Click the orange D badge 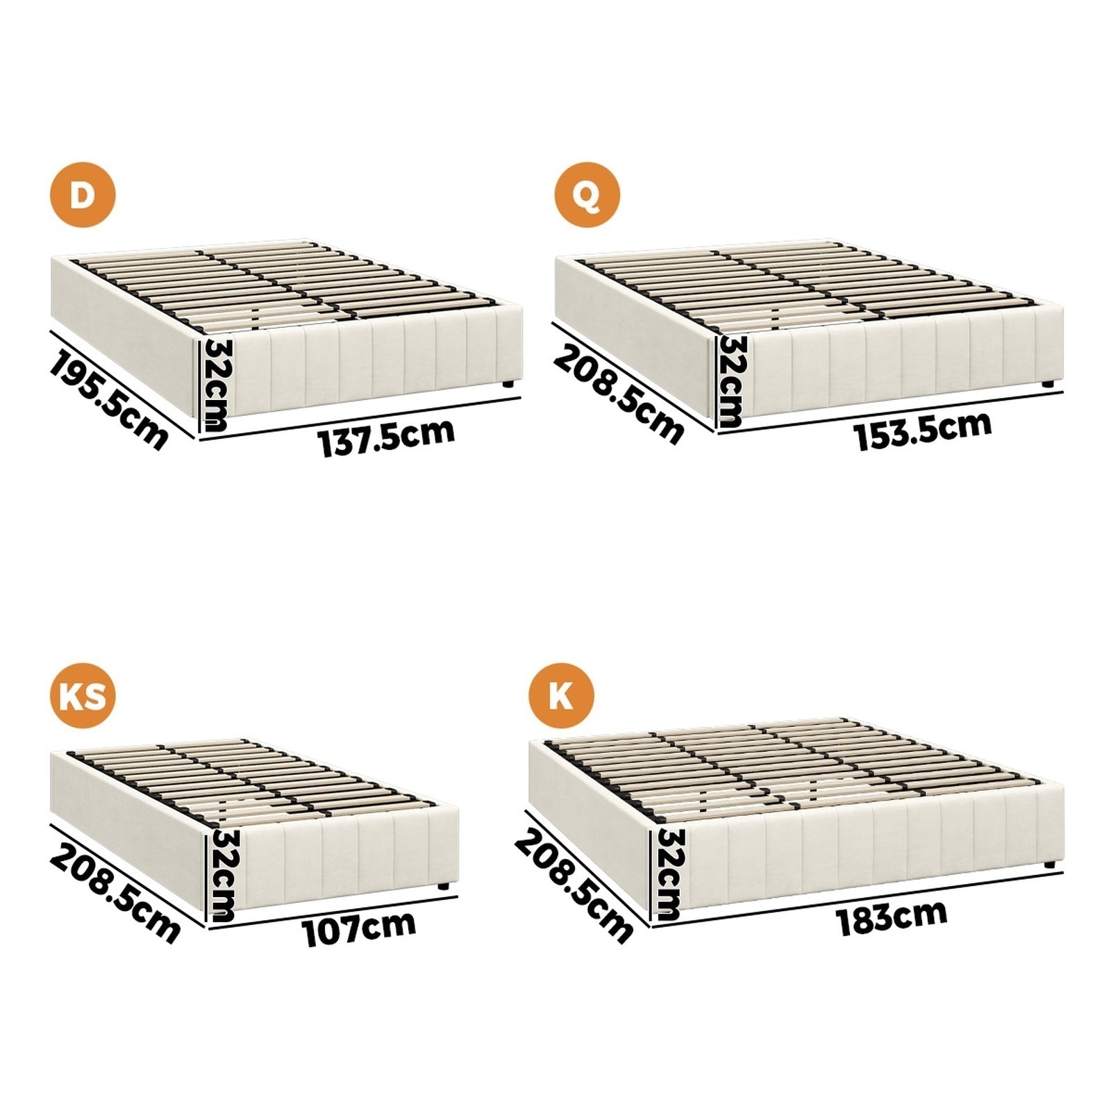[83, 195]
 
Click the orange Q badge [587, 195]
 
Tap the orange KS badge [83, 695]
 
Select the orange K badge [561, 695]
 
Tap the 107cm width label [359, 928]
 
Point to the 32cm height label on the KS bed [222, 876]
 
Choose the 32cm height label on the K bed [669, 874]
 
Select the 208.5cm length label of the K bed [574, 887]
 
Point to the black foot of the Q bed [1047, 383]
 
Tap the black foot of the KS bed [442, 885]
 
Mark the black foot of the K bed [1049, 865]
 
